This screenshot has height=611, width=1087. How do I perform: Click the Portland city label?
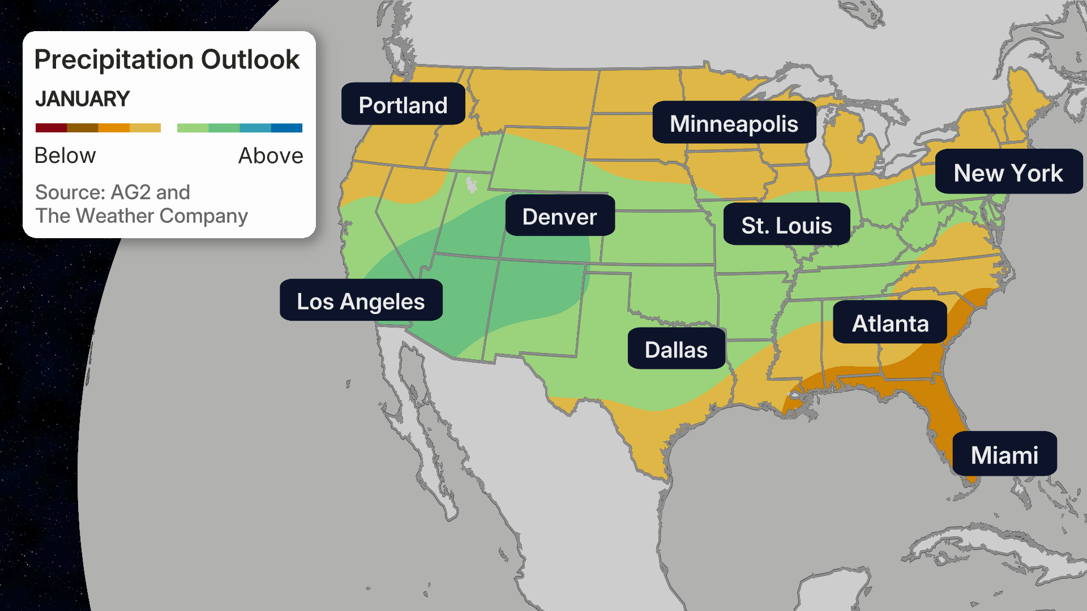(x=403, y=105)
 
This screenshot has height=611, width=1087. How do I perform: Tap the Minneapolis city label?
(x=734, y=123)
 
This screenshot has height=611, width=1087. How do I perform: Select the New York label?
(x=1008, y=173)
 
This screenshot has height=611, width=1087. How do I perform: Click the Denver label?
(x=559, y=216)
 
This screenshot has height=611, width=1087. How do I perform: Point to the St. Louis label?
(x=786, y=225)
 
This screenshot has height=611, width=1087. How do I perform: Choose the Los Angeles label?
(x=361, y=301)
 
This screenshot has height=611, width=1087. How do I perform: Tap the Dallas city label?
(x=676, y=349)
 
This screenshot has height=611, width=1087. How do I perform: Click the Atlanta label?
(x=890, y=323)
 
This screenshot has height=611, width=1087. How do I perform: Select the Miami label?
(x=1004, y=454)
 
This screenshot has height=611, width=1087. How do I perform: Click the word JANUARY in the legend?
(x=83, y=99)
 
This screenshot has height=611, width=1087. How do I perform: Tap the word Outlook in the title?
(x=250, y=59)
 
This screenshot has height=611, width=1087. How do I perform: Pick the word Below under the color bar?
(x=65, y=156)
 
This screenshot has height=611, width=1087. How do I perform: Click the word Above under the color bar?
(x=271, y=156)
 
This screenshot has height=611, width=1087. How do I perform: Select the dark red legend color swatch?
(x=51, y=128)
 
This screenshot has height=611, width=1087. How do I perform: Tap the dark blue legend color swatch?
(x=286, y=128)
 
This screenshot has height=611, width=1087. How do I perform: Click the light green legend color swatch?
(x=192, y=128)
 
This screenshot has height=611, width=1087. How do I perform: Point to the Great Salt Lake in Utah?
(x=471, y=184)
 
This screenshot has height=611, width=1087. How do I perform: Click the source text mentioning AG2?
(x=113, y=192)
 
